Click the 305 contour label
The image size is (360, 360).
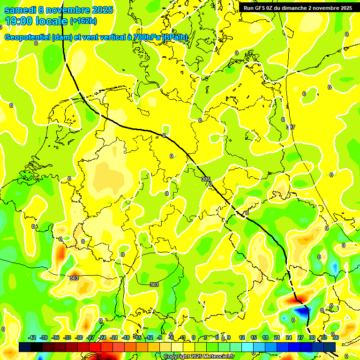pyautogui.click(x=205, y=179)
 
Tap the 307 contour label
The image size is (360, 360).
pyautogui.click(x=291, y=127)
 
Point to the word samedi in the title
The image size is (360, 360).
pyautogui.click(x=21, y=10)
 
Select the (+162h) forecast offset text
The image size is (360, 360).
pyautogui.click(x=83, y=21)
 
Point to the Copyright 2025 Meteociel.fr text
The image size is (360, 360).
pyautogui.click(x=199, y=357)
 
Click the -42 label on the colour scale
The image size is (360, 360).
pyautogui.click(x=32, y=337)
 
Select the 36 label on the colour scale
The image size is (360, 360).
pyautogui.click(x=336, y=337)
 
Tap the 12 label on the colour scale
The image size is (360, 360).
pyautogui.click(x=242, y=337)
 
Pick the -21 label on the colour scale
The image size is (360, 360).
pyautogui.click(x=114, y=337)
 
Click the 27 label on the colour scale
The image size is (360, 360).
pyautogui.click(x=300, y=337)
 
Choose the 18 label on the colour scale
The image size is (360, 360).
pyautogui.click(x=265, y=337)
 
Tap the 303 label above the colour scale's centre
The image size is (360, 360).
pyautogui.click(x=154, y=285)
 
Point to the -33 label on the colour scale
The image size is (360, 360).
pyautogui.click(x=67, y=337)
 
